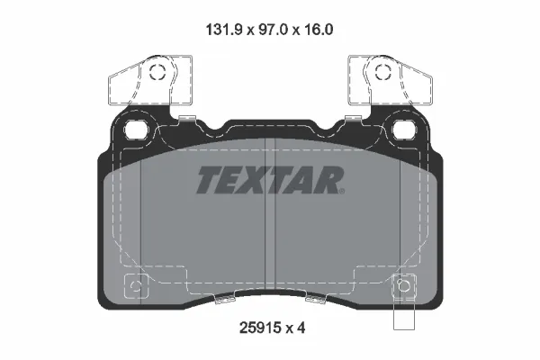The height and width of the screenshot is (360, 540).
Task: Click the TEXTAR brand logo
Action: click(x=270, y=180)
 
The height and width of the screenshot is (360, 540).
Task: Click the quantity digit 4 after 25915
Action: click(x=303, y=330)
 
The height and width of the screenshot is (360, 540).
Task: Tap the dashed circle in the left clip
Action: click(x=158, y=75)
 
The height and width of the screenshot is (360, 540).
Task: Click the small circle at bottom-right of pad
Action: click(x=402, y=288)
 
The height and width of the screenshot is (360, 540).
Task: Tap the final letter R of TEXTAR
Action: click(x=331, y=180)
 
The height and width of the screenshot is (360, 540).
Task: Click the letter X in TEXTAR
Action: click(x=256, y=180)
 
